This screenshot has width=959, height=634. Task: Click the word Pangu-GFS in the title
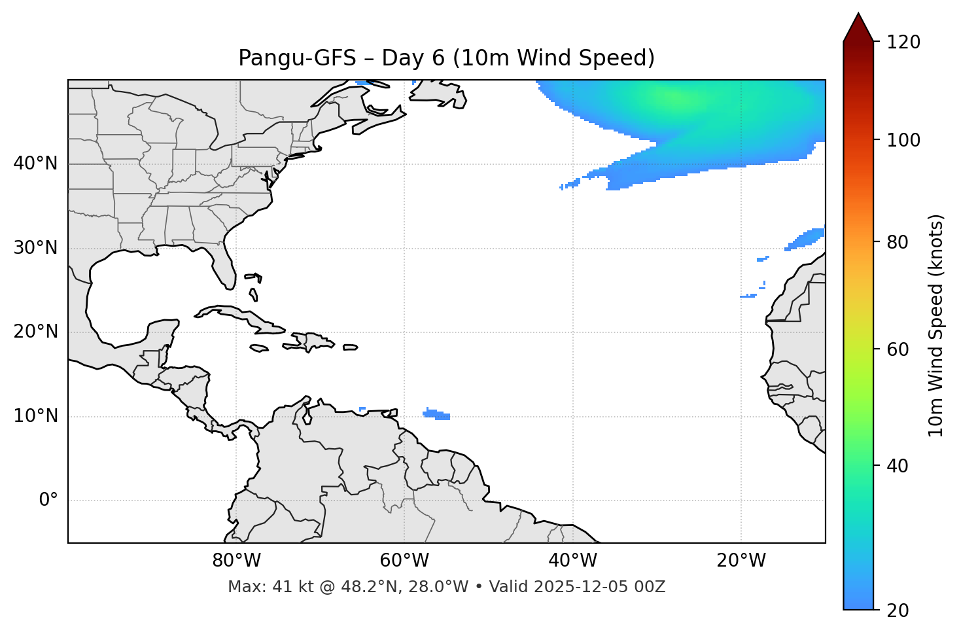(x=296, y=58)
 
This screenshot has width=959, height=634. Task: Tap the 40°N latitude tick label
(x=35, y=164)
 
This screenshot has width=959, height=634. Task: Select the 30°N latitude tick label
(x=35, y=248)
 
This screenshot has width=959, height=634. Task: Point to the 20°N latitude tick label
(x=35, y=332)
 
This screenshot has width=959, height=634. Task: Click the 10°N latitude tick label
(x=35, y=416)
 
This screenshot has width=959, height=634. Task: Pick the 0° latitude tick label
(x=48, y=501)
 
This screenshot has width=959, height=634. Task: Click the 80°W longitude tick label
(x=236, y=561)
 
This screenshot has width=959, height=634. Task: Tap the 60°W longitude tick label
(x=404, y=561)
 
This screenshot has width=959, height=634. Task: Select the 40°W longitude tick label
(x=572, y=561)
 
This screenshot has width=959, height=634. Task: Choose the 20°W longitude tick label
(x=741, y=561)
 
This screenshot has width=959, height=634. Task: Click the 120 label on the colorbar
(x=903, y=43)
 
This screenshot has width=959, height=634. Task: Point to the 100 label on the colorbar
(x=903, y=140)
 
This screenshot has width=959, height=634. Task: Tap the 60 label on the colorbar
(x=897, y=349)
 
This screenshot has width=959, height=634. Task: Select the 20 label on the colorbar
(x=897, y=610)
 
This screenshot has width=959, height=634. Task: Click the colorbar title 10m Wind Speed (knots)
(x=936, y=325)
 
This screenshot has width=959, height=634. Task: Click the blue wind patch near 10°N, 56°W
(x=436, y=414)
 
